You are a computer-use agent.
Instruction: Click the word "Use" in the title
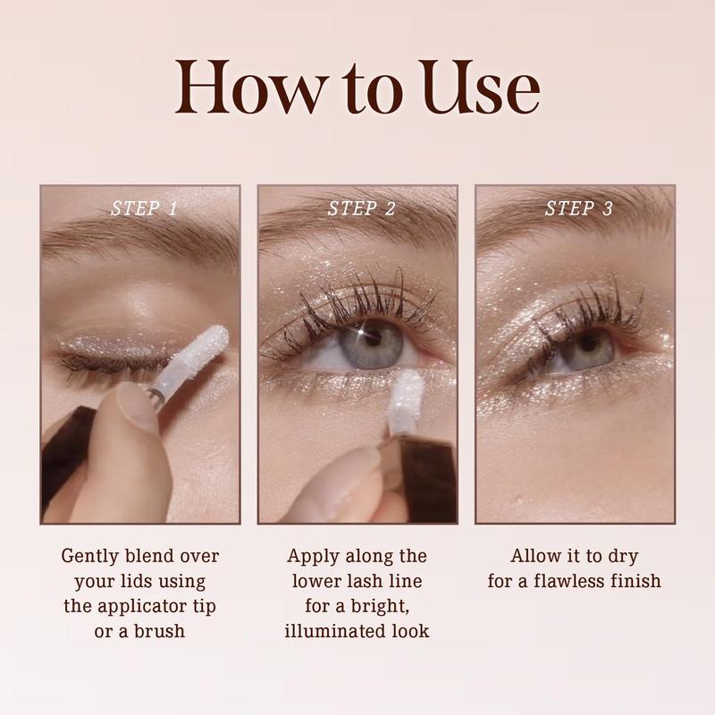(480, 87)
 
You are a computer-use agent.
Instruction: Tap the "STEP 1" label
(144, 208)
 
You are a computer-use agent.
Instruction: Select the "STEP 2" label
(361, 208)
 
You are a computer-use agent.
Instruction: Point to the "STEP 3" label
(578, 208)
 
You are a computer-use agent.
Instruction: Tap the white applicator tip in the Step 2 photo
(406, 397)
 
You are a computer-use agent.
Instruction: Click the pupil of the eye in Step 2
(372, 337)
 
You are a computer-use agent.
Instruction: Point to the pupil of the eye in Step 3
(587, 343)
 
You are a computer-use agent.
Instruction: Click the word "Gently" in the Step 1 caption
(89, 556)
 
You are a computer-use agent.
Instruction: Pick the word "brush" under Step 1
(159, 631)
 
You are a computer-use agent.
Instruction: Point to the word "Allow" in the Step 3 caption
(530, 556)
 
